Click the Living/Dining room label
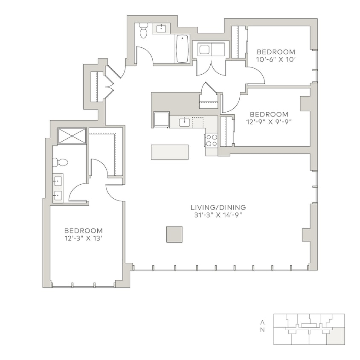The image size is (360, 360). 218,208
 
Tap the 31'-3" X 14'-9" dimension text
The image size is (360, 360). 218,215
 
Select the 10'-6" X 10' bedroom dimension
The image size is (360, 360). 276,59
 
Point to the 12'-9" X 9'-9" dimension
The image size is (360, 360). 269,122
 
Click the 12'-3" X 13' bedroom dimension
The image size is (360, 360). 83,238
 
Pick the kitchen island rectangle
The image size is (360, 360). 169,152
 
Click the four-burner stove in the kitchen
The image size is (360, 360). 212,140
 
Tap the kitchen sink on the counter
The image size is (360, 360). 184,122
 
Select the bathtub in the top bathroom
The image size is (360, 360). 182,49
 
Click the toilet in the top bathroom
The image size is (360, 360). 143,31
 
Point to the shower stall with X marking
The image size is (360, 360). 72,136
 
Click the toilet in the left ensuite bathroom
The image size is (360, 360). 61,162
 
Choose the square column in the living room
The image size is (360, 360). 174,234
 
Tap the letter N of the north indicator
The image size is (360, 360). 262,330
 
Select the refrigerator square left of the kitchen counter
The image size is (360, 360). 161,119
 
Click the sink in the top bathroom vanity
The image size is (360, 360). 161,29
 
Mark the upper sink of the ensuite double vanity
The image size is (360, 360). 57,181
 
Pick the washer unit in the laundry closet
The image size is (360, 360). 204,50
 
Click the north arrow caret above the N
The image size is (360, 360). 262,322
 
